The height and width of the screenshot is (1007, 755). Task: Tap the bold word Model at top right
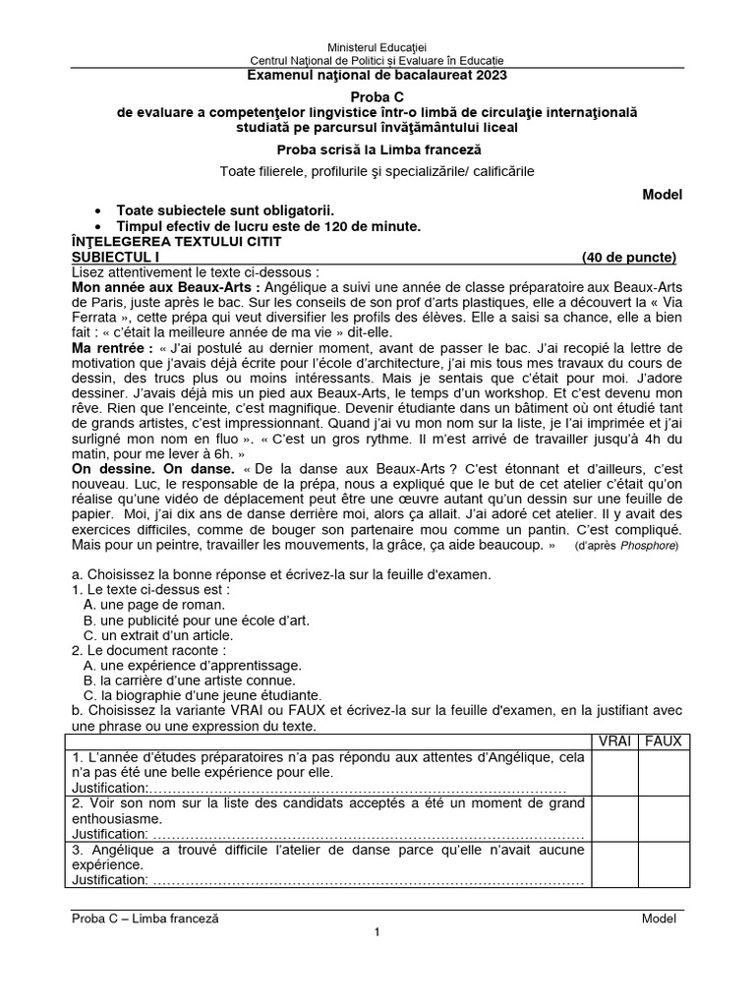(662, 195)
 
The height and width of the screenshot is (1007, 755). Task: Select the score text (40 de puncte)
(629, 258)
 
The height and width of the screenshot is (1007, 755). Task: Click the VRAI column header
(617, 740)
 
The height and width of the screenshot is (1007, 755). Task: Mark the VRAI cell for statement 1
(617, 772)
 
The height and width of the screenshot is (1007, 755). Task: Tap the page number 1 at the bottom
(377, 932)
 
